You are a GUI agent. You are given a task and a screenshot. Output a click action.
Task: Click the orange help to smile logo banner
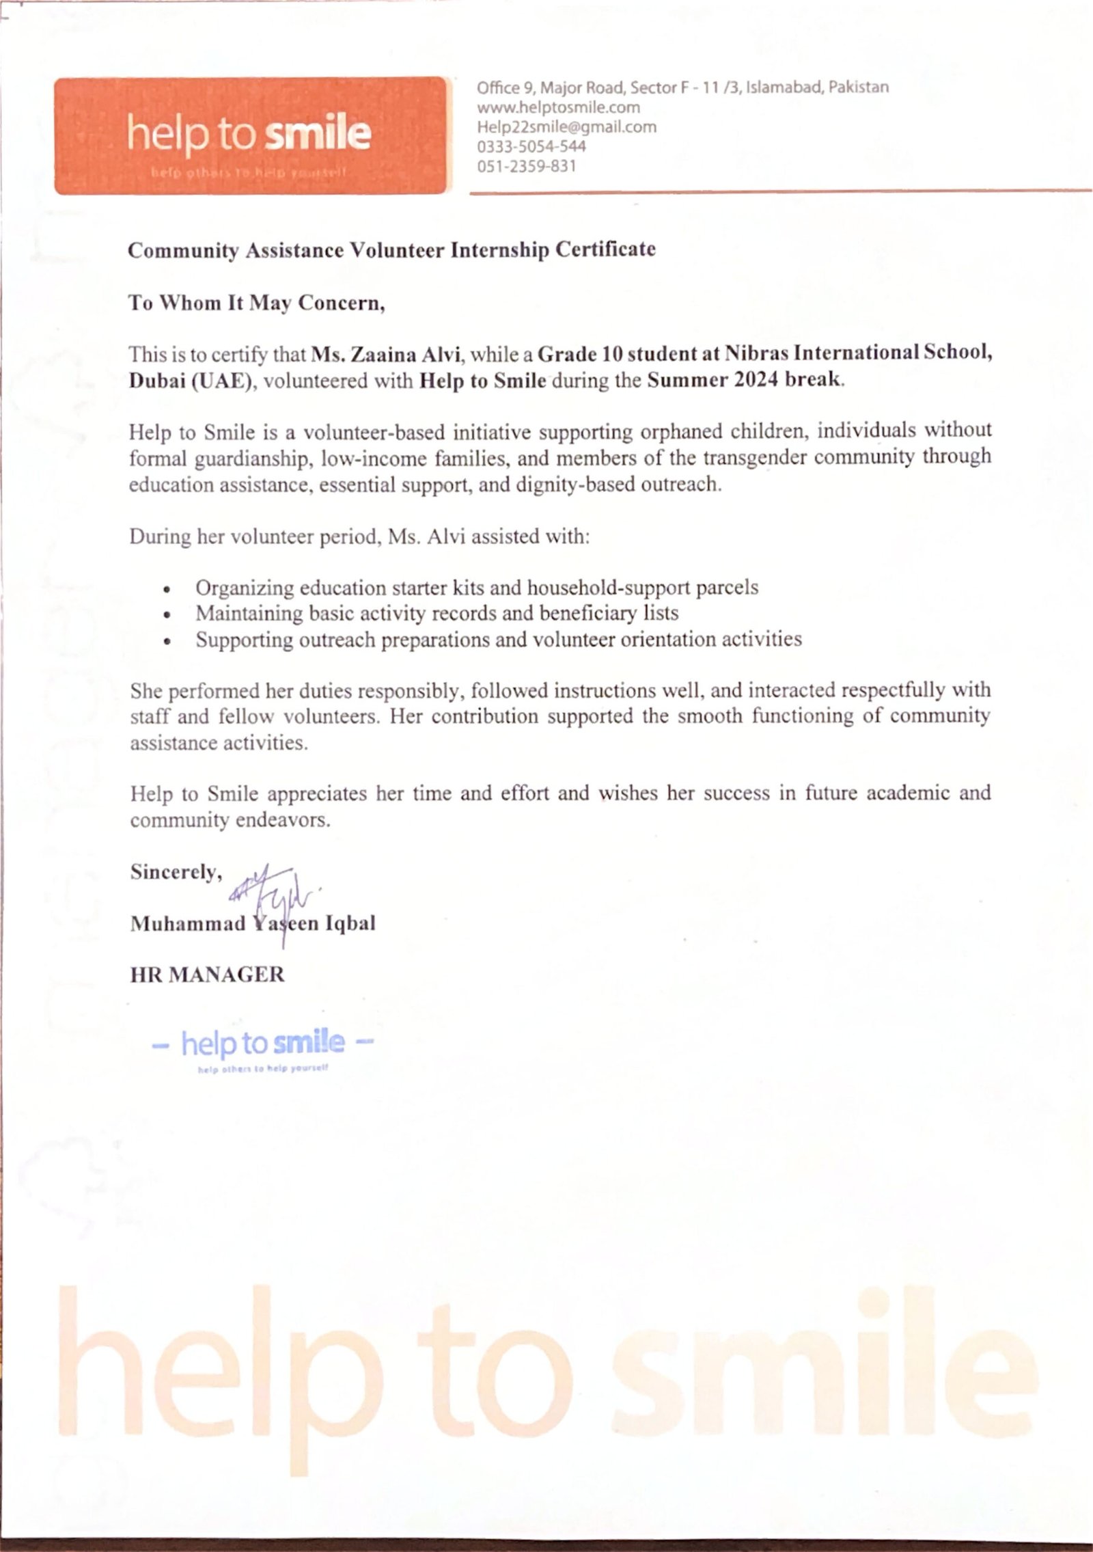point(250,135)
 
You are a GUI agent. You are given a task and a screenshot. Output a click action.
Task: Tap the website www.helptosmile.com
point(558,107)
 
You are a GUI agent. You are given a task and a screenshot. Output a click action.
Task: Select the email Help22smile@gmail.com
point(566,127)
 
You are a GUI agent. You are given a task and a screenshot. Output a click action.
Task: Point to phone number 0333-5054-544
point(531,146)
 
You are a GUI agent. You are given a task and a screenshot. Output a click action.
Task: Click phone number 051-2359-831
point(526,166)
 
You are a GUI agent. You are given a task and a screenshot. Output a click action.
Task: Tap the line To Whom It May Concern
point(257,303)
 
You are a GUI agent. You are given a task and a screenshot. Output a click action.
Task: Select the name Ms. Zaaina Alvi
point(387,354)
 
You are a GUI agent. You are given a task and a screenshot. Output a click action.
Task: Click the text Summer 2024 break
point(745,380)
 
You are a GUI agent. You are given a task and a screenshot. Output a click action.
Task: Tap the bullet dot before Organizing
point(167,589)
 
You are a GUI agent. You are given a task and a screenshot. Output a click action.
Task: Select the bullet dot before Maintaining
point(167,615)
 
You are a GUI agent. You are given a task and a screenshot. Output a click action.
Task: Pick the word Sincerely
point(176,872)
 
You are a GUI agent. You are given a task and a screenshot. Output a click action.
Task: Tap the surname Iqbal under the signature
point(350,924)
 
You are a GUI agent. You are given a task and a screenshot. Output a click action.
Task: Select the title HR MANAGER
point(207,975)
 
